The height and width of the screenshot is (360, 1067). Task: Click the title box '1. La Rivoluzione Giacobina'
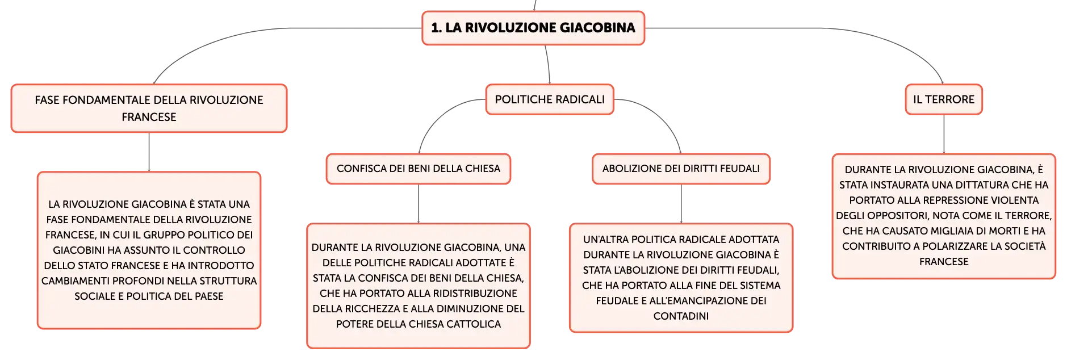point(533,28)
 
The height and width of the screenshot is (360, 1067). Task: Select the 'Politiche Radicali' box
point(550,99)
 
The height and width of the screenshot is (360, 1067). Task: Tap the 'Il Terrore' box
point(944,99)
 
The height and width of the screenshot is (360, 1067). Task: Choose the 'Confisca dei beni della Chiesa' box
point(419,169)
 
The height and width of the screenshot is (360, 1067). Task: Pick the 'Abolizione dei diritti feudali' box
point(681,169)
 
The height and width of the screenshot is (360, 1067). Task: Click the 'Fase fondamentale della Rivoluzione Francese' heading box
point(149,108)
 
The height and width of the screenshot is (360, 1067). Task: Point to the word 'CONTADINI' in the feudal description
point(681,316)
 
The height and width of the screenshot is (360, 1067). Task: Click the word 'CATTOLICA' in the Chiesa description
point(474,324)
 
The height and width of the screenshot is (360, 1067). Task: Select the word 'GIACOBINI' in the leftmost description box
point(79,250)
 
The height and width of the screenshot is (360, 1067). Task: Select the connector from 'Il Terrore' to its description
point(944,134)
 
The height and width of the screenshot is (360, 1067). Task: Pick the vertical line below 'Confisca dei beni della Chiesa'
point(419,204)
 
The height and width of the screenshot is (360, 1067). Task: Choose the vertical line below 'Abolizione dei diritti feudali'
point(681,204)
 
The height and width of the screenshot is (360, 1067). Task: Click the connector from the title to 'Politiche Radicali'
point(548,65)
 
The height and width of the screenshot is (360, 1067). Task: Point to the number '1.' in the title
point(436,28)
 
